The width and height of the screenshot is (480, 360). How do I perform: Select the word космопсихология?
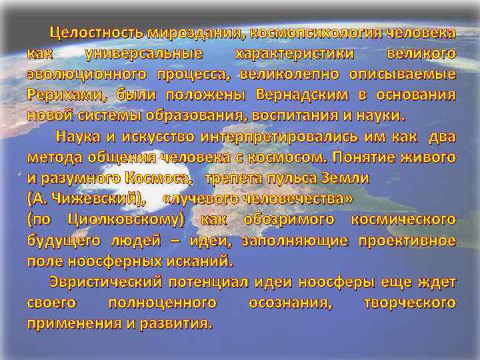tap(307, 33)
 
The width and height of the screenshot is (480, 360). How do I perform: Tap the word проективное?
tap(407, 240)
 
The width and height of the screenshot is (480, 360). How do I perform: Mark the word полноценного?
tap(162, 303)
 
